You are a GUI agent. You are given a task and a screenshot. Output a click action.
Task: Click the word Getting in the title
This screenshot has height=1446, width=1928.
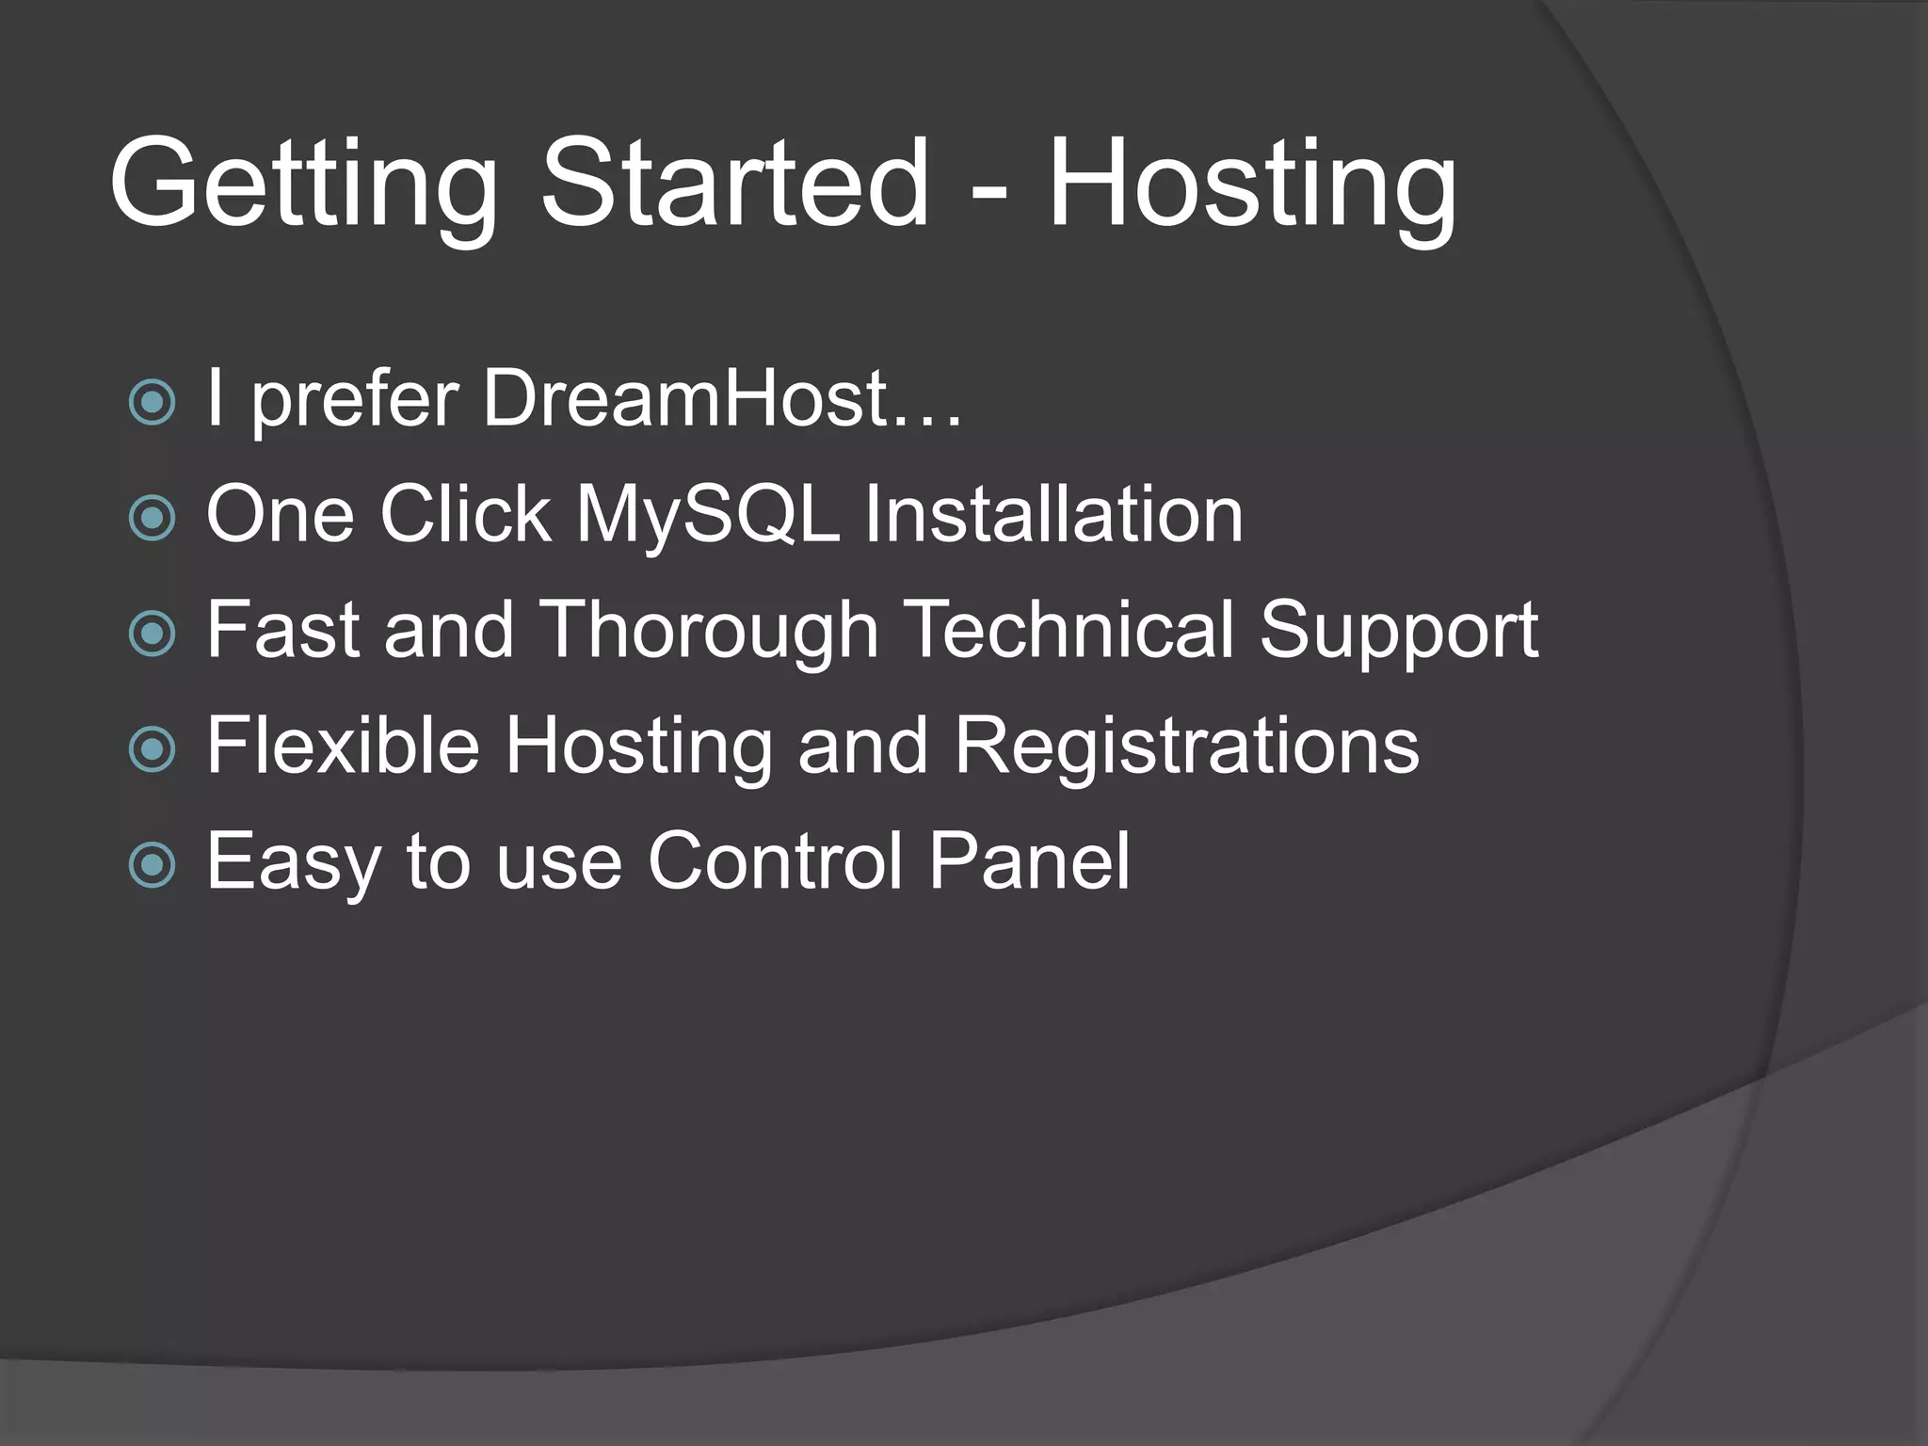coord(303,184)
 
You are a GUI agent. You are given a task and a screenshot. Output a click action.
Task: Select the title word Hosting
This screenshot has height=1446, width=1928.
coord(1252,184)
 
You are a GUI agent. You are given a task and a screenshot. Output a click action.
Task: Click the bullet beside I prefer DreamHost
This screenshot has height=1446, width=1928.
coord(152,402)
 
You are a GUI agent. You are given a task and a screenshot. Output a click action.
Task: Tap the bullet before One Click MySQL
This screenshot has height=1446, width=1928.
coord(152,518)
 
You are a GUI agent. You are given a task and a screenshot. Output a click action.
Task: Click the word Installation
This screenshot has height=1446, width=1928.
coord(1053,514)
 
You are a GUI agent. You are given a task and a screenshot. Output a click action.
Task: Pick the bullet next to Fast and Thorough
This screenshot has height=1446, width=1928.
coord(152,634)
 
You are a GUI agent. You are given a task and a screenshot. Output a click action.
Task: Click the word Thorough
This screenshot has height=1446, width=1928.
coord(710,631)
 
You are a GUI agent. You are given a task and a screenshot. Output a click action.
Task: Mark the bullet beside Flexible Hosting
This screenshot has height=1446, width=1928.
coord(152,749)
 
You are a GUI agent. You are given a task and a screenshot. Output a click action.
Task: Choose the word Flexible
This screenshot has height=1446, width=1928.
coord(343,745)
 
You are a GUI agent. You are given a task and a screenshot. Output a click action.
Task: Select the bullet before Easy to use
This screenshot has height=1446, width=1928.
coord(152,864)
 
